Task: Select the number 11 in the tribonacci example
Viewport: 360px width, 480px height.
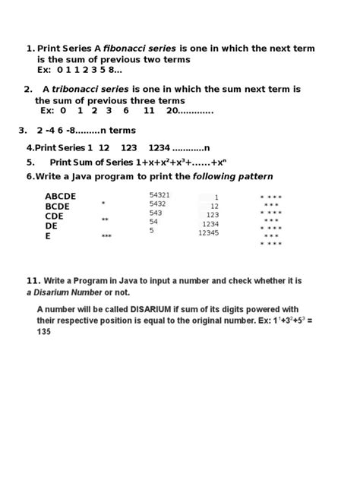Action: (149, 110)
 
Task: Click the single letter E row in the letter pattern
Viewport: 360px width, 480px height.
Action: (48, 236)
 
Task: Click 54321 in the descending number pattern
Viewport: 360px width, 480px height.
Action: (159, 195)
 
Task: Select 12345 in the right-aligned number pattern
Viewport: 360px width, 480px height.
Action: (208, 233)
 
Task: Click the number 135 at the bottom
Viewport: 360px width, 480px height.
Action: (44, 333)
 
